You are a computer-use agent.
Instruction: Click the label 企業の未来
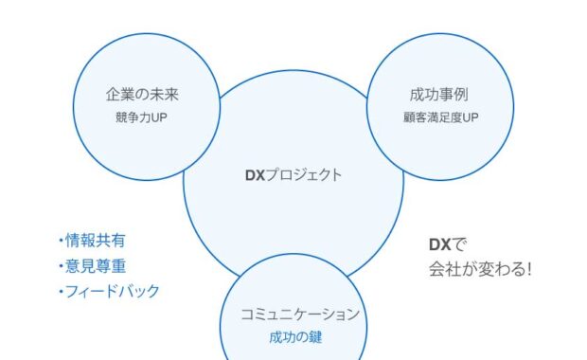pos(142,96)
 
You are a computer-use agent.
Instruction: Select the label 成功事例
pos(440,96)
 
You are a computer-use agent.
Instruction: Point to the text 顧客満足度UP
pos(440,118)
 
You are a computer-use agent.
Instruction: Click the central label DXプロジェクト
pos(293,174)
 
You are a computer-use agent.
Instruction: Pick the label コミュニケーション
pos(294,315)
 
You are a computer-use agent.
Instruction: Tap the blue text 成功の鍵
pos(294,336)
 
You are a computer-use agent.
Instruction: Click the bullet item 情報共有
pos(95,241)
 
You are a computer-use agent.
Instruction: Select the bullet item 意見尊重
pos(95,266)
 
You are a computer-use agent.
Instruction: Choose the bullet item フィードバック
pos(112,291)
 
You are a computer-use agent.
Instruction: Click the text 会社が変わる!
pos(480,269)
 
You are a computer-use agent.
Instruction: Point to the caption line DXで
pos(448,243)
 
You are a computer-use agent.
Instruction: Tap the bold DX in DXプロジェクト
pos(255,174)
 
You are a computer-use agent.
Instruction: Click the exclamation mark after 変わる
pos(527,269)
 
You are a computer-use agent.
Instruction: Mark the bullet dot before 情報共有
pos(60,241)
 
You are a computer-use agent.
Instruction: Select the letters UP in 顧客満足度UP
pos(470,118)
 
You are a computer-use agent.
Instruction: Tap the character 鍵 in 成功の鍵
pos(315,336)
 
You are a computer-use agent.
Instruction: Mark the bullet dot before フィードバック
pos(60,291)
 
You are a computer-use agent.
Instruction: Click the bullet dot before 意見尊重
pos(60,266)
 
